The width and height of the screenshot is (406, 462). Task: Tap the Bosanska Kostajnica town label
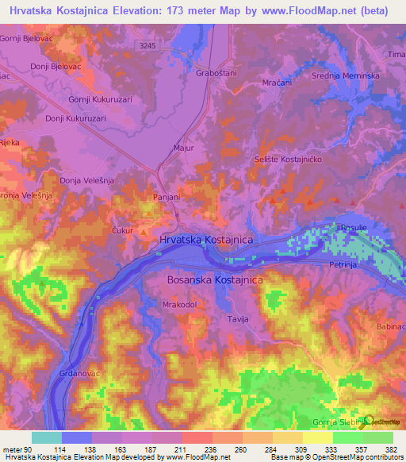click(x=215, y=280)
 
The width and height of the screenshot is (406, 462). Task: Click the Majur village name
click(x=182, y=148)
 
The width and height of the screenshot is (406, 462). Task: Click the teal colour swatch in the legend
click(x=47, y=437)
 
